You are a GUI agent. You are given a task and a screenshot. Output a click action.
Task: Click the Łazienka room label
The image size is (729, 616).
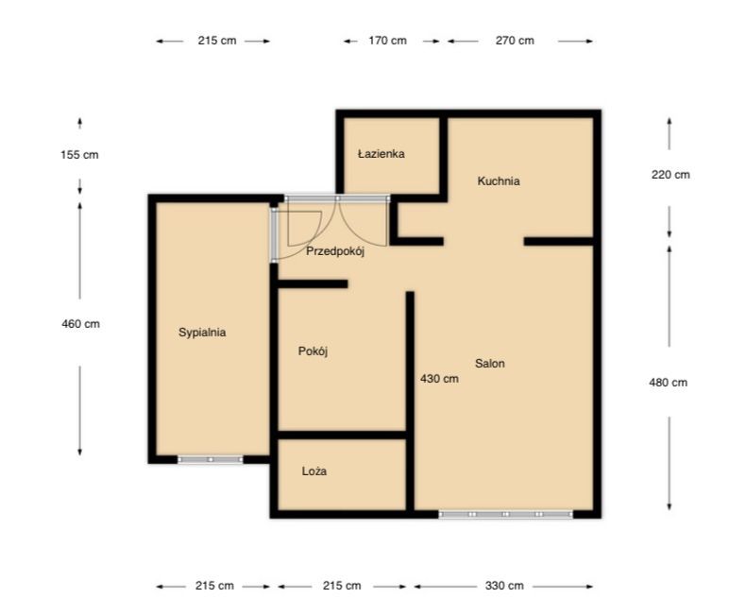click(x=381, y=154)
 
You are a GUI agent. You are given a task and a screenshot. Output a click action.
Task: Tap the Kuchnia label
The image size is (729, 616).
click(x=499, y=181)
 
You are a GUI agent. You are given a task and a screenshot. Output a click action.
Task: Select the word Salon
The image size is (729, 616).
click(x=489, y=364)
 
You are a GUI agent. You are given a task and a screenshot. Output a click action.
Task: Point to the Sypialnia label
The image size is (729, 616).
click(x=202, y=333)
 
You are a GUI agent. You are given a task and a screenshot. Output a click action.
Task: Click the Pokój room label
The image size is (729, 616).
click(x=313, y=351)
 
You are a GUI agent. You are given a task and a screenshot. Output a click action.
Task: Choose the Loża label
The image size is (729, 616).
click(x=314, y=471)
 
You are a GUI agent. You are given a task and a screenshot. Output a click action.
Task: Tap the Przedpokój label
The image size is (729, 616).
click(x=334, y=251)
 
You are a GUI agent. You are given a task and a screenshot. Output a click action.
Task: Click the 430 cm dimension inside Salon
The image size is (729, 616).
click(x=439, y=379)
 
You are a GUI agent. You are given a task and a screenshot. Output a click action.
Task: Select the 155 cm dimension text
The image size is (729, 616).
click(x=79, y=155)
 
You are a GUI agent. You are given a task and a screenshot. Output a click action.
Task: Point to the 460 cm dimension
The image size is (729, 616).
click(x=80, y=324)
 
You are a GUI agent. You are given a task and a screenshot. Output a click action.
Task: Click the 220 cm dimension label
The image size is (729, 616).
click(x=670, y=175)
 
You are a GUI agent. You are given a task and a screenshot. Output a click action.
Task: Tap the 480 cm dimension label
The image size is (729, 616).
click(x=669, y=383)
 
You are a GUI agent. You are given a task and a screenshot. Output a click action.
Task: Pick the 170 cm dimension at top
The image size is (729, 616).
click(x=388, y=41)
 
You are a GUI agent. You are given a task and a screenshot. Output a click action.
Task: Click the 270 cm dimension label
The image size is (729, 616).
click(x=515, y=41)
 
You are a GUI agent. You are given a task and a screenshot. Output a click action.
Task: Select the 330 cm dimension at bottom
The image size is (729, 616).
click(x=504, y=586)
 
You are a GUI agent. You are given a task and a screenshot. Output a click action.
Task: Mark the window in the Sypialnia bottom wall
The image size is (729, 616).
click(x=211, y=460)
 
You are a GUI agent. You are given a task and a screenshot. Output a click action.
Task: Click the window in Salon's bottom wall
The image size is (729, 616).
click(x=506, y=514)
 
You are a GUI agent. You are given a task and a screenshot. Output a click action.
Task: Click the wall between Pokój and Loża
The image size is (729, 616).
click(x=342, y=435)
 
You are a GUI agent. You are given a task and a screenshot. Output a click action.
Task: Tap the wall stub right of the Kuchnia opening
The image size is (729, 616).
click(x=559, y=241)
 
